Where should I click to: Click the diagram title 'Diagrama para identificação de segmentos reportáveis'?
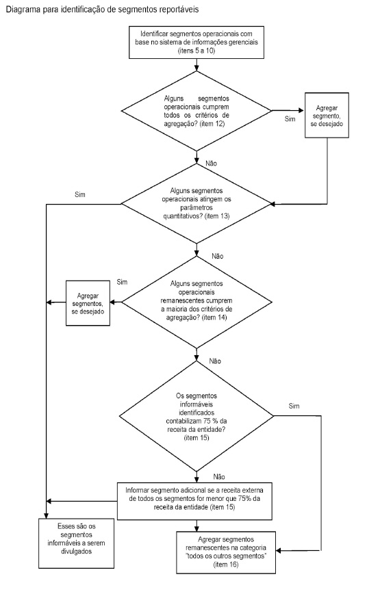click(102, 10)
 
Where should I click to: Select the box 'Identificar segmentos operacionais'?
click(197, 42)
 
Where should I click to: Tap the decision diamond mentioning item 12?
click(197, 111)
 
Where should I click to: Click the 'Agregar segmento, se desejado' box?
click(327, 115)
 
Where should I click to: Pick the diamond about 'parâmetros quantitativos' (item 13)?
click(197, 203)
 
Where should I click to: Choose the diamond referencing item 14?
click(197, 302)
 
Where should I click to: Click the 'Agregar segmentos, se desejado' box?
click(88, 302)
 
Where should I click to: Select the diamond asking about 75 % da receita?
click(197, 416)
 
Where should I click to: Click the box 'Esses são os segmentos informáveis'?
click(76, 543)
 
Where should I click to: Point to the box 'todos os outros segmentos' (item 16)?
click(226, 552)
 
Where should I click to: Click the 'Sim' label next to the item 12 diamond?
click(290, 119)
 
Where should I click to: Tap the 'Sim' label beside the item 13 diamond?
click(80, 195)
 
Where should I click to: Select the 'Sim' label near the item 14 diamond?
click(122, 282)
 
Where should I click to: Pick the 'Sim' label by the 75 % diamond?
click(294, 406)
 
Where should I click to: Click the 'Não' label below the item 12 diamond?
click(211, 164)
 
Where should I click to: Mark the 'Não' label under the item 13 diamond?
click(218, 256)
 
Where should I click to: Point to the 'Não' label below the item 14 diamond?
click(215, 361)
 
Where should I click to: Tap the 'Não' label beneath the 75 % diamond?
click(219, 476)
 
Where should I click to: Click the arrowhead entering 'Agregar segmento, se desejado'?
click(303, 111)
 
